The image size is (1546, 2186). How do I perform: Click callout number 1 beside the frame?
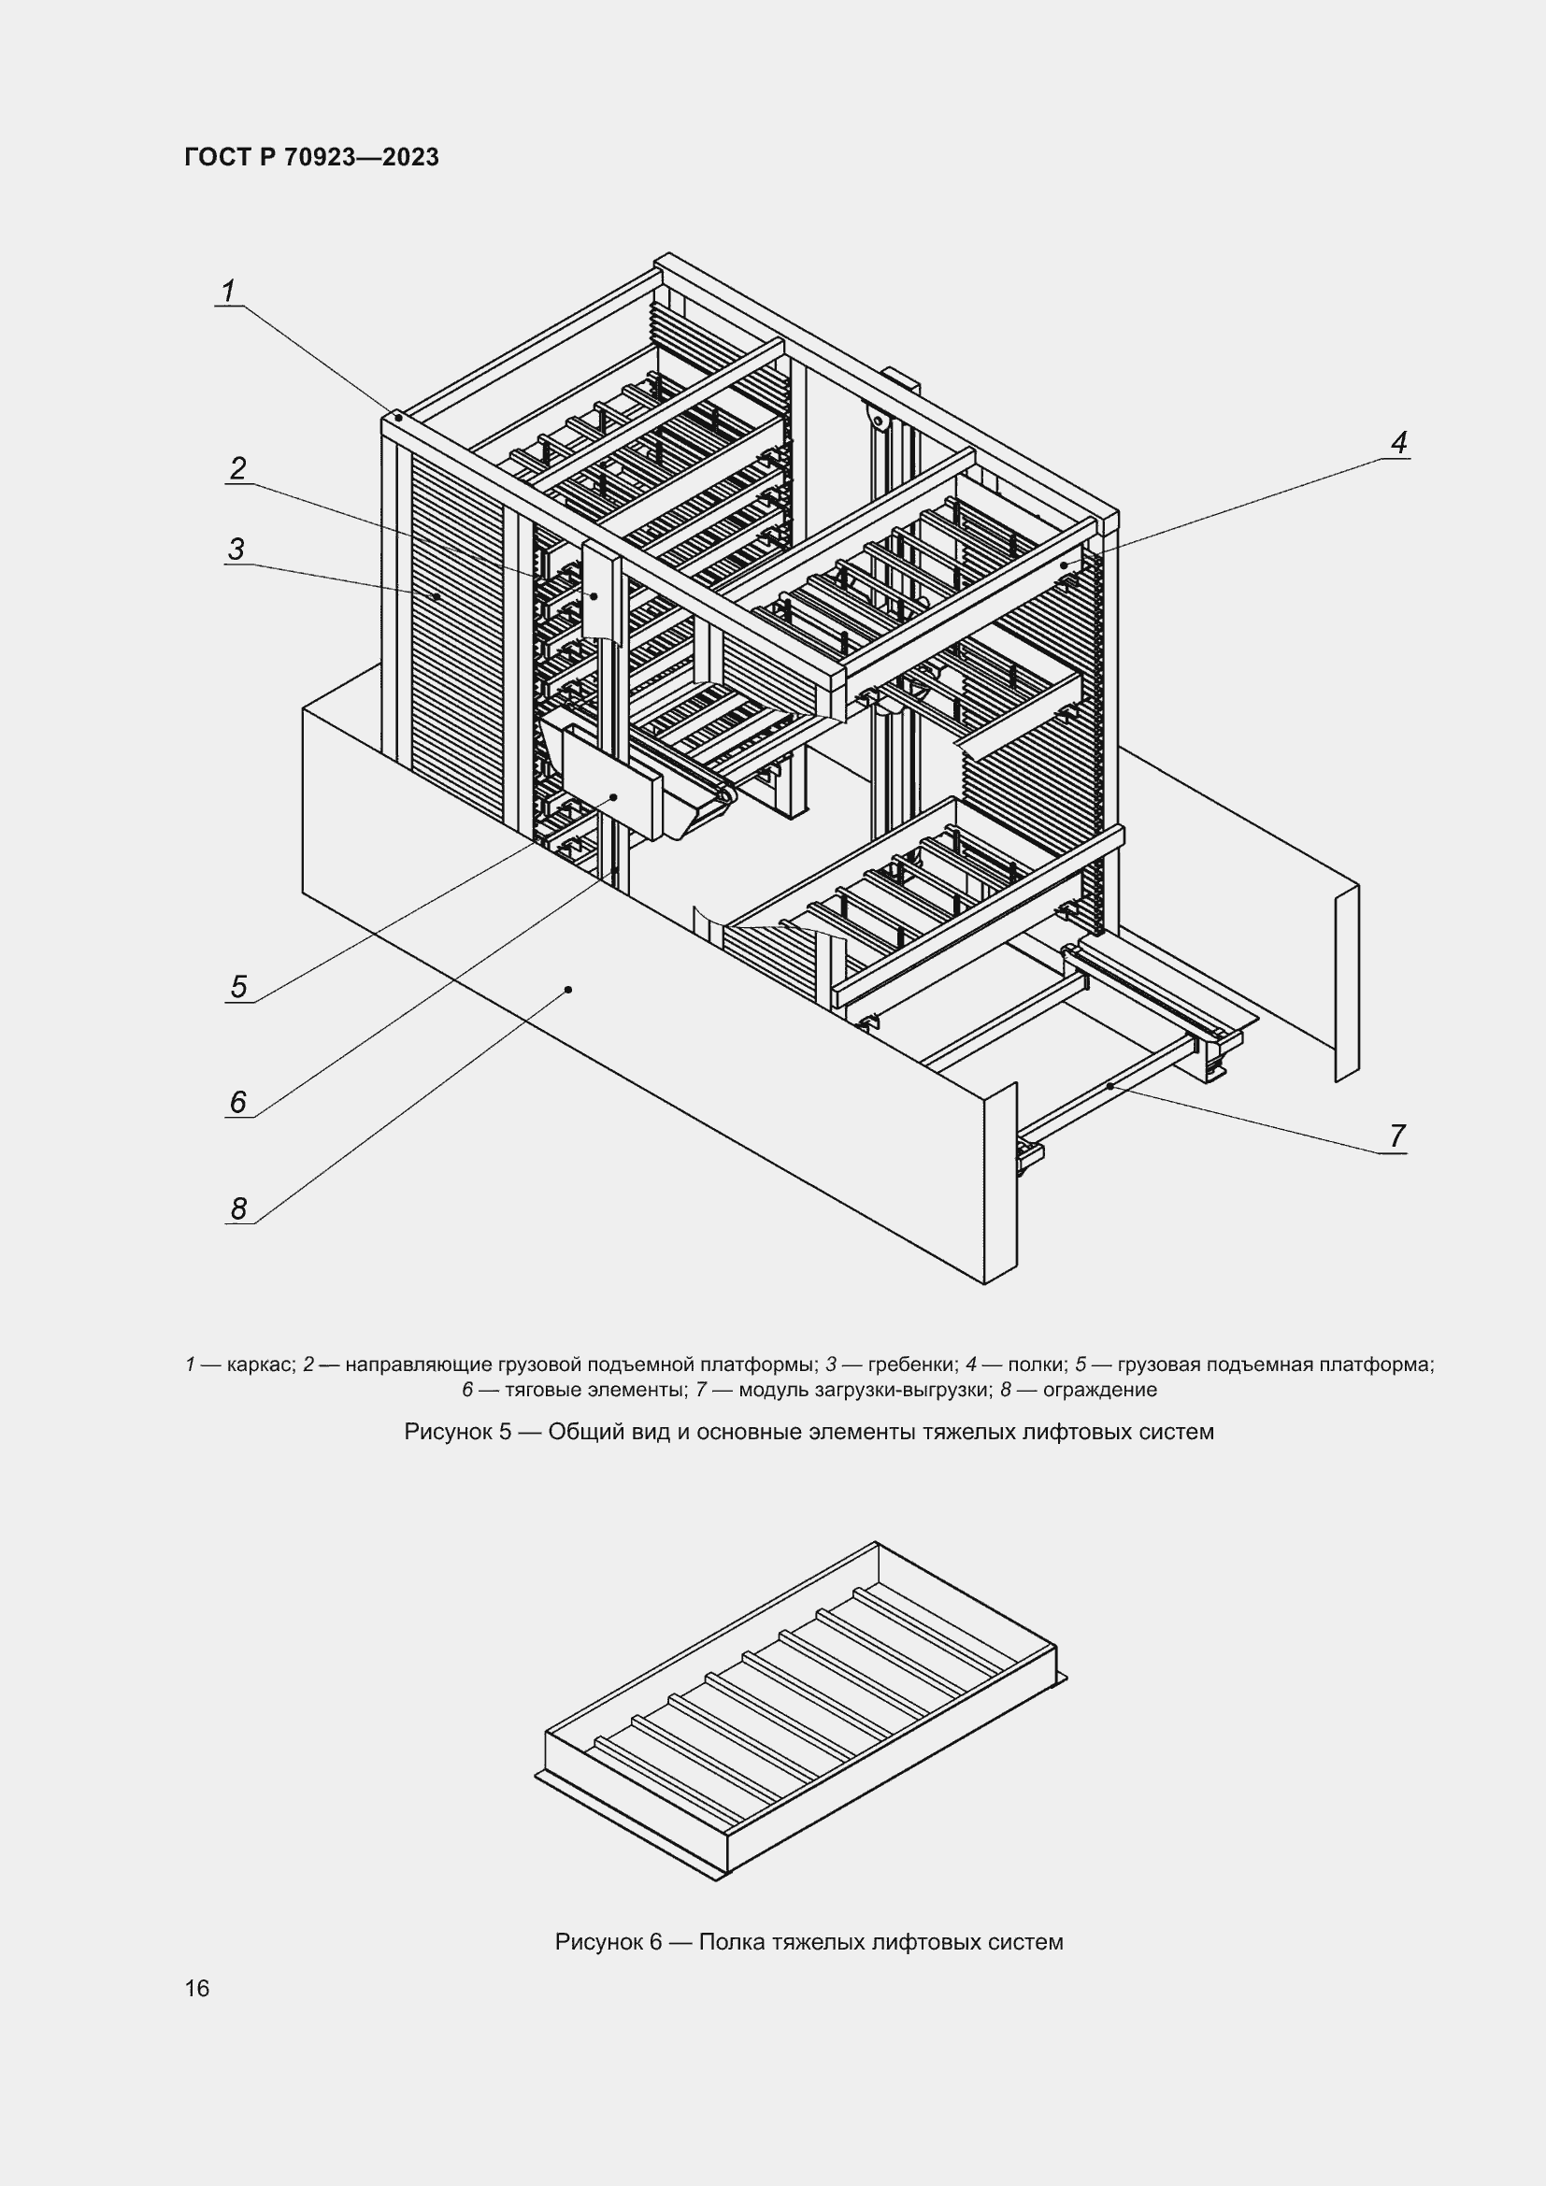point(228,291)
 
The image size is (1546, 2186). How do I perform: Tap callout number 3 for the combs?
point(236,549)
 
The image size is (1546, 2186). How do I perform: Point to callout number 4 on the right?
point(1398,442)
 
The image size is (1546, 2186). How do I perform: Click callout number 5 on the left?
point(238,986)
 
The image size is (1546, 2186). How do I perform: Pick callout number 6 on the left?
point(238,1102)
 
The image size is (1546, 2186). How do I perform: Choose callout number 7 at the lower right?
point(1396,1136)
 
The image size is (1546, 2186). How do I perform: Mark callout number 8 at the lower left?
point(238,1208)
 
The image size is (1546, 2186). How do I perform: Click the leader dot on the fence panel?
point(568,989)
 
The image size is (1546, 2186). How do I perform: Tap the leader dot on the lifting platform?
point(614,796)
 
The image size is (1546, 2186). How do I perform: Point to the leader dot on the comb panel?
point(436,596)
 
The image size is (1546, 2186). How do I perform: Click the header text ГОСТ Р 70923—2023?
point(311,157)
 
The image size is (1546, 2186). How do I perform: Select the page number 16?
point(197,1988)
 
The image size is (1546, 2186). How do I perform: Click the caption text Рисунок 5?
point(458,1432)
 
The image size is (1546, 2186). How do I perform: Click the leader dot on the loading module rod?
point(1110,1085)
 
